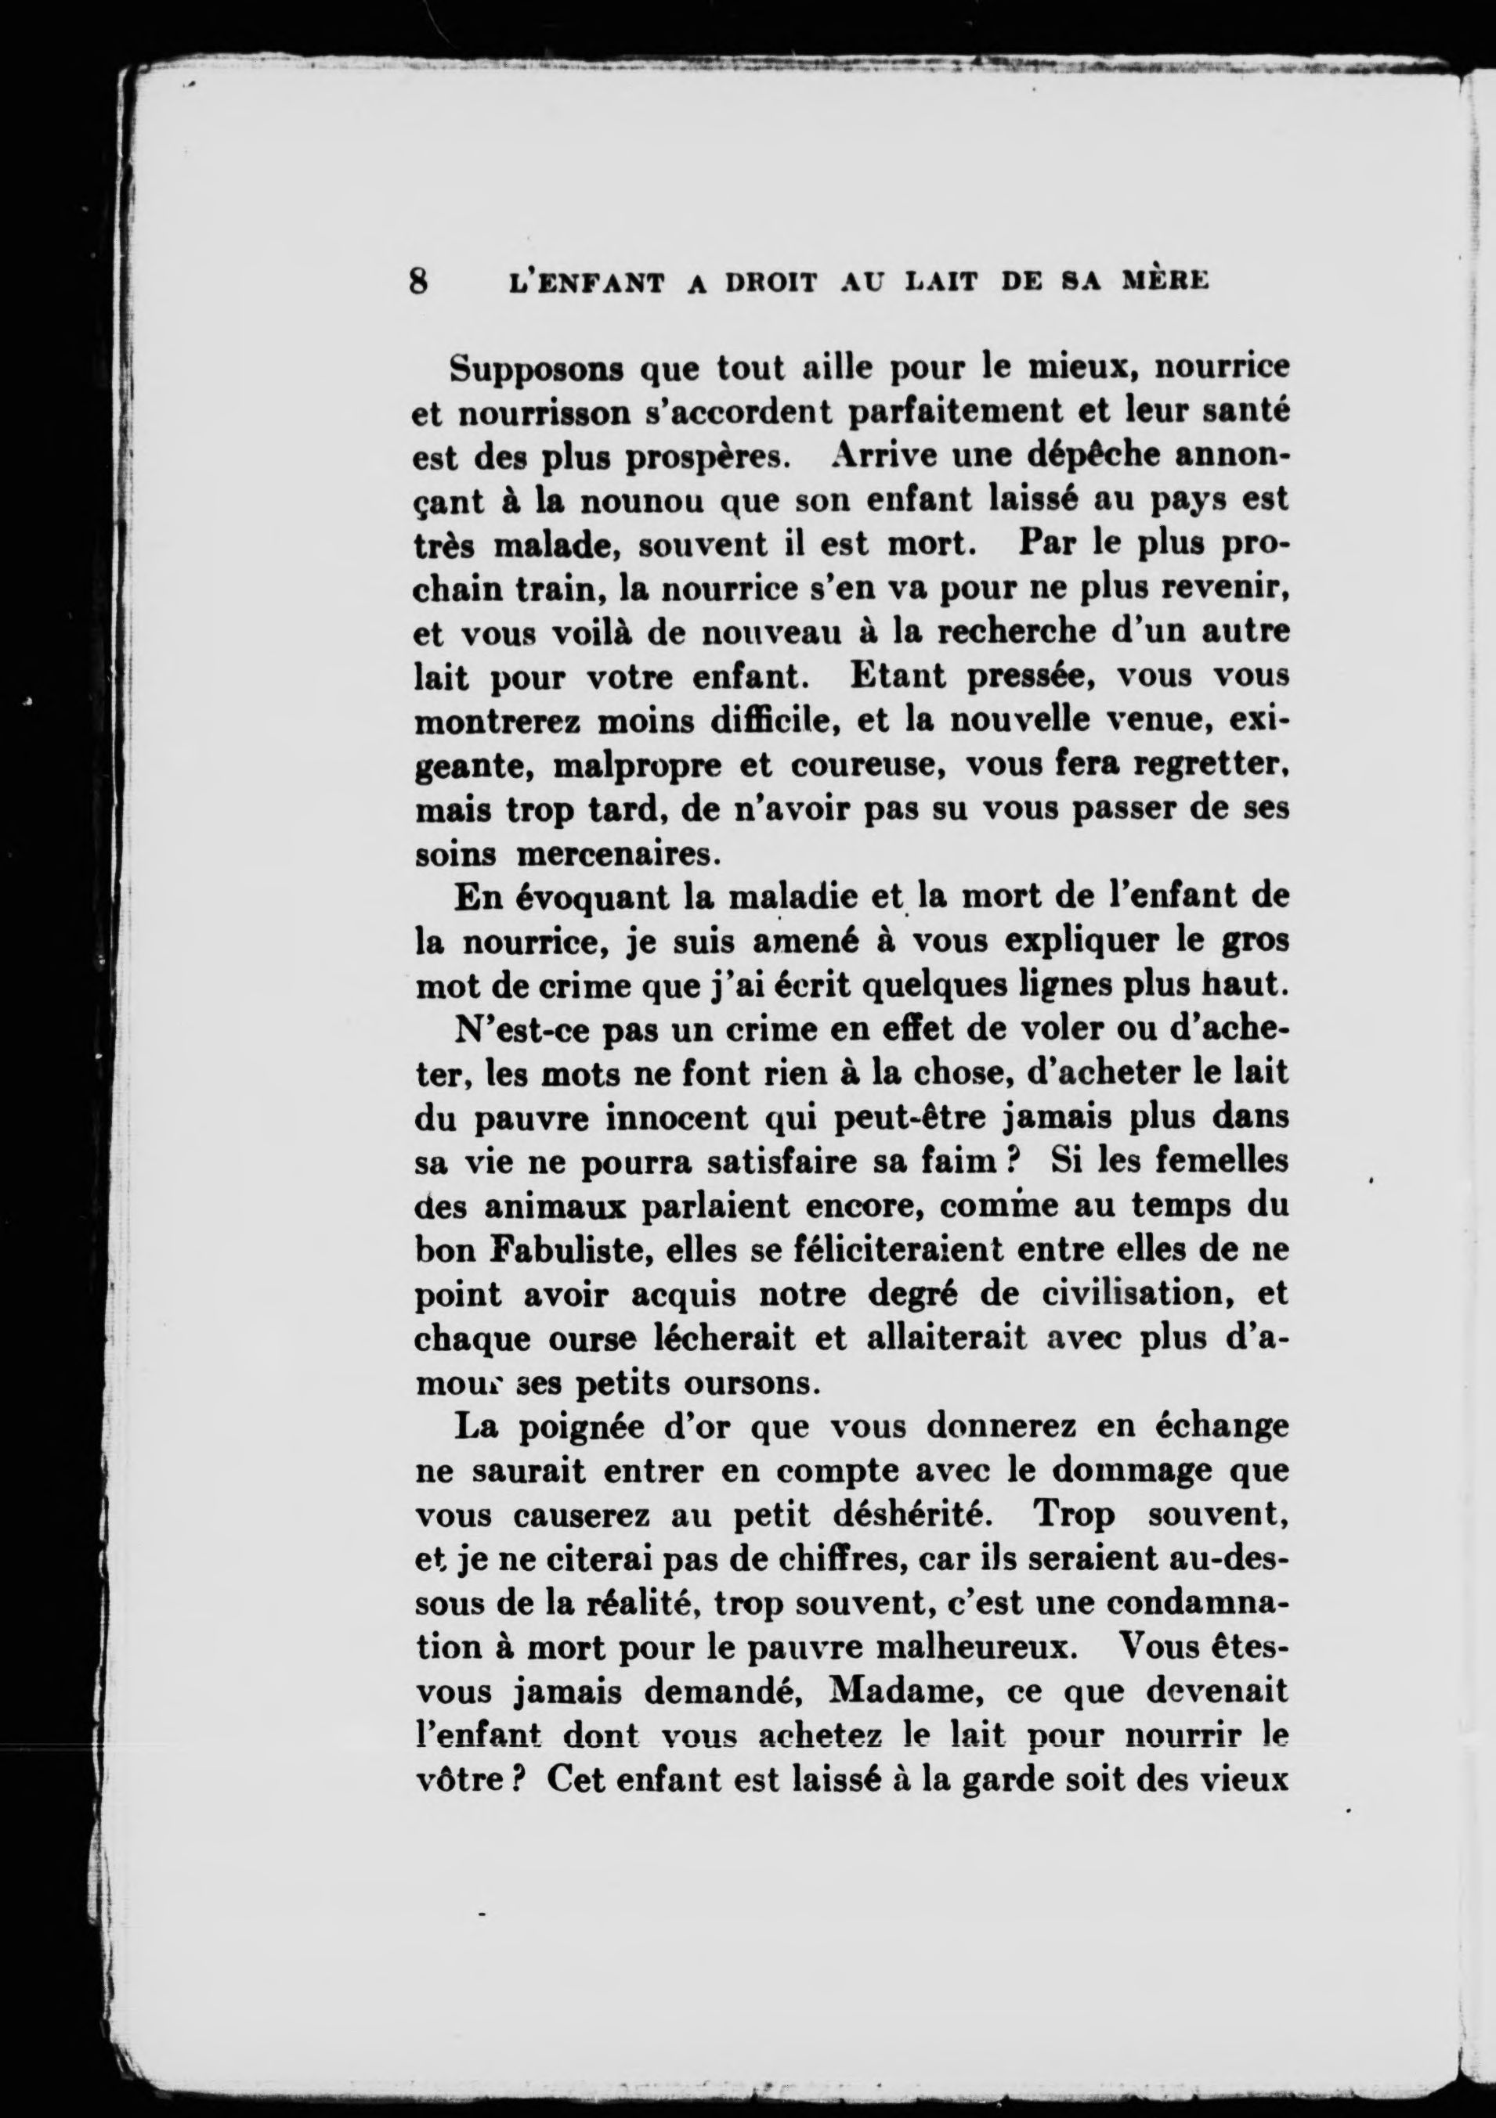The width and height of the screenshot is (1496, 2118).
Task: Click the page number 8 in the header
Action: click(420, 280)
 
